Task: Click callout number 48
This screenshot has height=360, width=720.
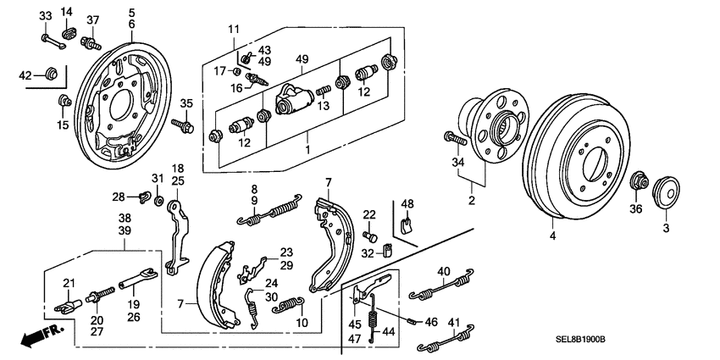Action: click(x=407, y=203)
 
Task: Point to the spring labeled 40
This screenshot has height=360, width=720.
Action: click(x=439, y=286)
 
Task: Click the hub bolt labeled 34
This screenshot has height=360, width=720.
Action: click(x=450, y=136)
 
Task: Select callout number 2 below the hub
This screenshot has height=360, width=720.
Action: click(x=473, y=202)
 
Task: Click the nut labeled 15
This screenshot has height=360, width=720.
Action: click(x=63, y=102)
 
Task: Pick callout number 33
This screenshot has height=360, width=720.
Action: click(x=45, y=15)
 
